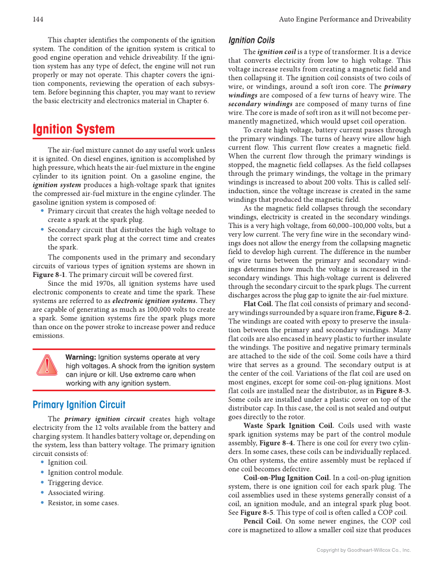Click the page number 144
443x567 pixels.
[38, 19]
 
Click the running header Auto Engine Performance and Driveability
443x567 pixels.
[345, 19]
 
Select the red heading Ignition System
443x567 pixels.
[74, 129]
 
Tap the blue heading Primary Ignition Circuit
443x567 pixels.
[79, 405]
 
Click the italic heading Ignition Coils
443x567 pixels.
[252, 40]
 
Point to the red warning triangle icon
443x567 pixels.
[47, 365]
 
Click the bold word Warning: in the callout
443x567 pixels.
[80, 357]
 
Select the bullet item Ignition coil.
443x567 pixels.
[67, 462]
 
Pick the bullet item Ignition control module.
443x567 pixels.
[85, 473]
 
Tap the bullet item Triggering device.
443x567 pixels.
[75, 482]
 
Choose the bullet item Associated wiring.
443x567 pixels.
[76, 493]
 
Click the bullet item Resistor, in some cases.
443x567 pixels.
[83, 503]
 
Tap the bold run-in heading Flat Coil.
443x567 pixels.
[258, 304]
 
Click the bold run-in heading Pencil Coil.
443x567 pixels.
[262, 521]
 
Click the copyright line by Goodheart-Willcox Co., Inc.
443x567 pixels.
[364, 550]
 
